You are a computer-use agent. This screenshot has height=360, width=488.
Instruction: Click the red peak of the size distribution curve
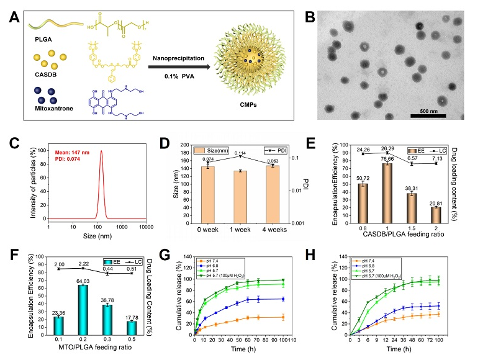(x=100, y=151)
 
